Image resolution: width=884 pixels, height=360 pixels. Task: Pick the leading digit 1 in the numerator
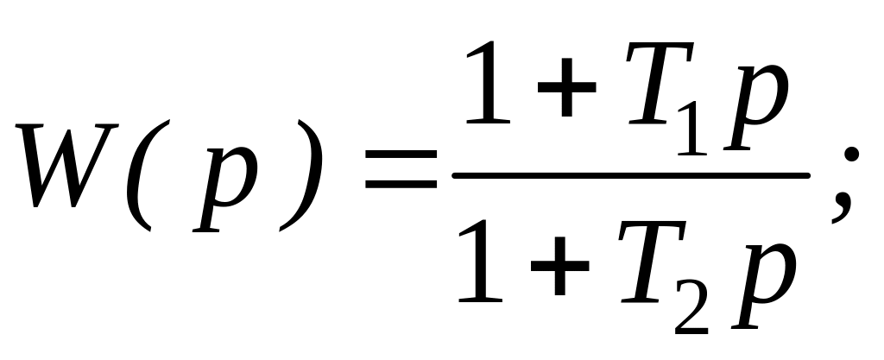[x=488, y=86]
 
